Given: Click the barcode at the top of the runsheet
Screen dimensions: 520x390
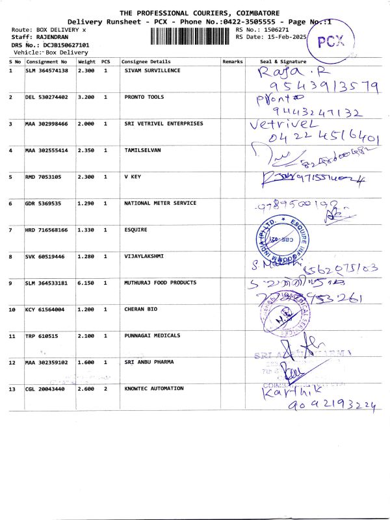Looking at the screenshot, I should pos(191,35).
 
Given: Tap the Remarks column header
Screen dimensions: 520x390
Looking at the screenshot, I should pos(232,62).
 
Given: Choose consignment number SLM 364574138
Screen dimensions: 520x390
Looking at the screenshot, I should pos(49,70).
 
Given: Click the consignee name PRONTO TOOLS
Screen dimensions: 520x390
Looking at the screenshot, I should pos(144,97).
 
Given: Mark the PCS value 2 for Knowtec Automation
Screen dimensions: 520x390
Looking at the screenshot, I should pos(106,389).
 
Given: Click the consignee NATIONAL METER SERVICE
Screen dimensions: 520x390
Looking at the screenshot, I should pos(160,203).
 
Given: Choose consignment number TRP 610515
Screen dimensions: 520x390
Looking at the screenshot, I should pos(42,336).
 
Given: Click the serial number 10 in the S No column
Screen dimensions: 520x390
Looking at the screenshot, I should pos(12,309).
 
